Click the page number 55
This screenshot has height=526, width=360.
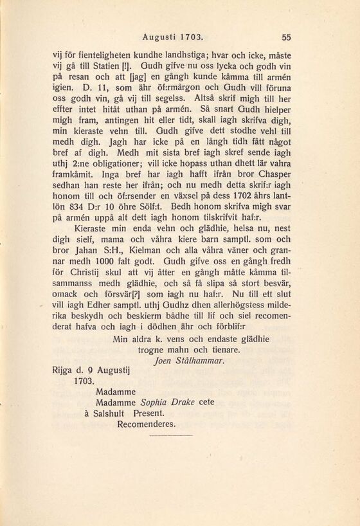click(x=287, y=37)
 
